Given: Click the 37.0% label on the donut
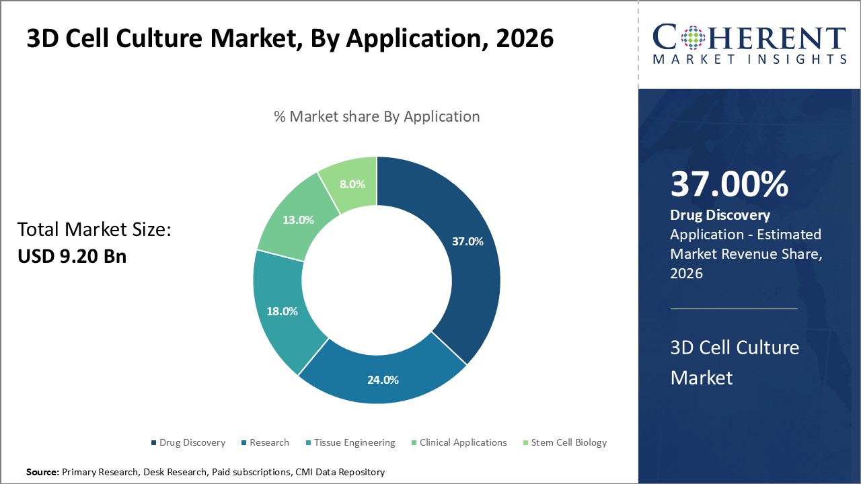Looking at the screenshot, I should pyautogui.click(x=467, y=241).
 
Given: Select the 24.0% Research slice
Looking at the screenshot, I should pyautogui.click(x=382, y=379).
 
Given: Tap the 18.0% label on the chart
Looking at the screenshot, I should pyautogui.click(x=282, y=311).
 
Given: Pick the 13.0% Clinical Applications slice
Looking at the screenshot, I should pyautogui.click(x=297, y=220).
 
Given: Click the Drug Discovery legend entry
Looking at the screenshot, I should pyautogui.click(x=188, y=442).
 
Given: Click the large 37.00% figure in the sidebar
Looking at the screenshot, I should pyautogui.click(x=729, y=184).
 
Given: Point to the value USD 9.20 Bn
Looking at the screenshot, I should pyautogui.click(x=72, y=255).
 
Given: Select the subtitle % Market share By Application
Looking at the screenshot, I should pyautogui.click(x=377, y=116).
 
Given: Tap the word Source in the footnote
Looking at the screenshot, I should pyautogui.click(x=42, y=473).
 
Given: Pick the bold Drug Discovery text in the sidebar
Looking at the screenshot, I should pyautogui.click(x=720, y=215).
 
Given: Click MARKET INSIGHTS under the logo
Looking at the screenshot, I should pyautogui.click(x=749, y=59).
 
